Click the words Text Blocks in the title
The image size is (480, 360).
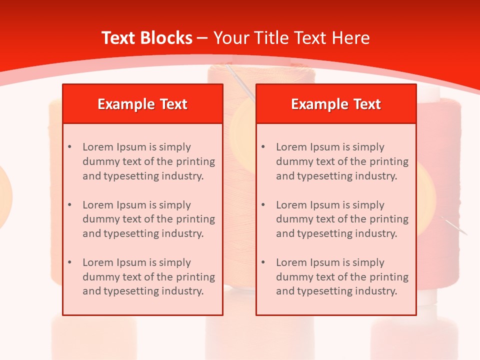point(146,38)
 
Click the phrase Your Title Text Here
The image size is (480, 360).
point(291,38)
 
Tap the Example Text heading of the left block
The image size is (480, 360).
point(142,104)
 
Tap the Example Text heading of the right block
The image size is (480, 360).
point(336,104)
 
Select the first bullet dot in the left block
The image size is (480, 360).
point(69,147)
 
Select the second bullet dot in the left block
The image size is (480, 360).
point(69,205)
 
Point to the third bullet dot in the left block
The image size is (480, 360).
point(69,262)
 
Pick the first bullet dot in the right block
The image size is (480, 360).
point(263,147)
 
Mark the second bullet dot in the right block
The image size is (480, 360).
point(263,205)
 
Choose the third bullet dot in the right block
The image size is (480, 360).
point(263,262)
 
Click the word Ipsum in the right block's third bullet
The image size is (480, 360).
point(325,262)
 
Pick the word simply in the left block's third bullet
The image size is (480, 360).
point(174,262)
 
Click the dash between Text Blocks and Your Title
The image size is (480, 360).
point(202,38)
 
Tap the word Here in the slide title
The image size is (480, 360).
point(352,38)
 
